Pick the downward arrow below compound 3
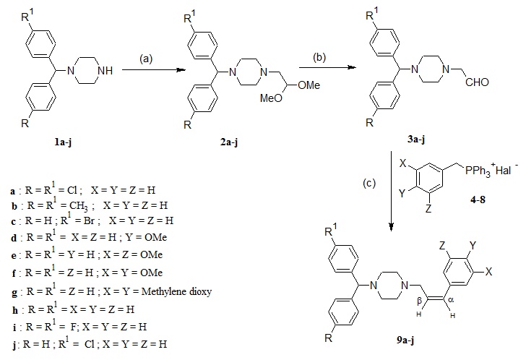click(392, 206)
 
